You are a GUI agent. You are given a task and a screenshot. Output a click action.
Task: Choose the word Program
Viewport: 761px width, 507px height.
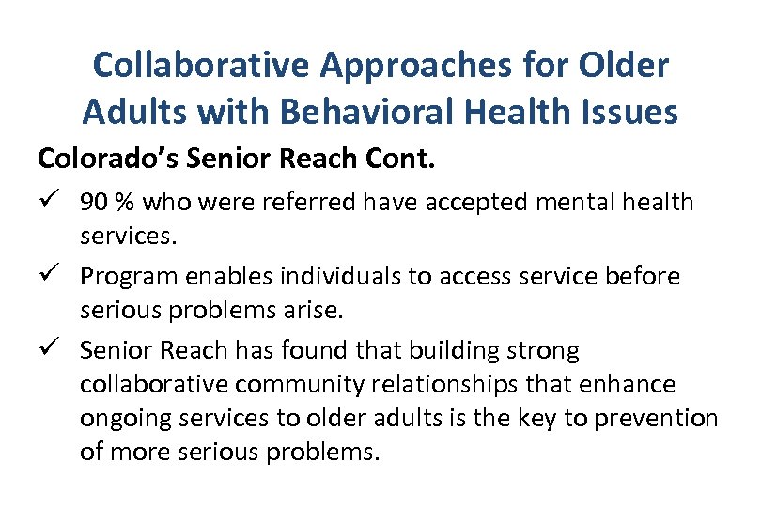tap(125, 276)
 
